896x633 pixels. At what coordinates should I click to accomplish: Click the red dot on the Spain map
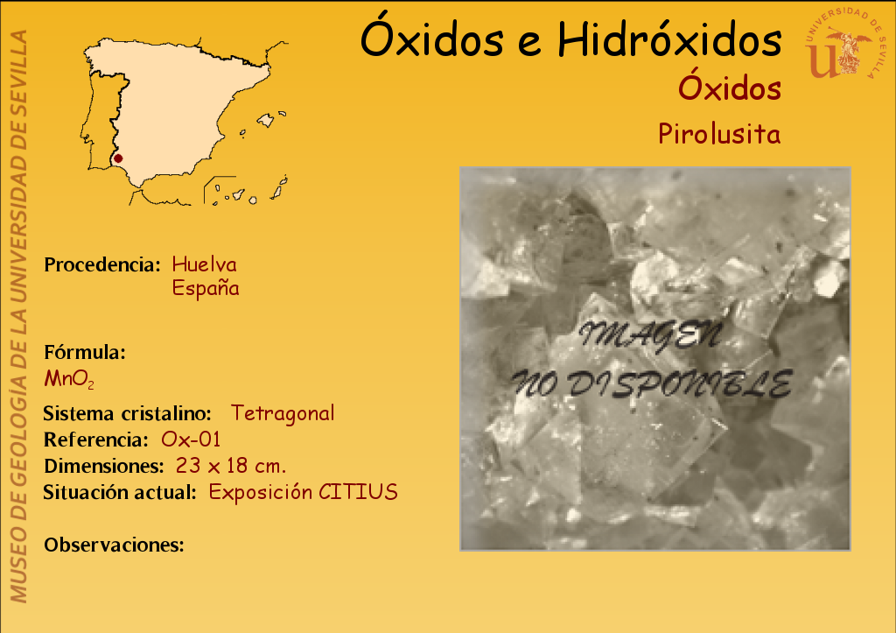118,158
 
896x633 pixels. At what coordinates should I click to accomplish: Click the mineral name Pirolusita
719,134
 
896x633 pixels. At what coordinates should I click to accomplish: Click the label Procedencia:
102,264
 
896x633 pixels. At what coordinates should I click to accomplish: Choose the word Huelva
204,264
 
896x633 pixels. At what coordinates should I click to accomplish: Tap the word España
205,288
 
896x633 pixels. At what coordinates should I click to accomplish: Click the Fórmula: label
85,352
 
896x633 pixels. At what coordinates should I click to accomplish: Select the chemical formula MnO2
69,378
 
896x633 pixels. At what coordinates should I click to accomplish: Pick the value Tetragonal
283,413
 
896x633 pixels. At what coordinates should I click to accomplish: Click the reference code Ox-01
191,440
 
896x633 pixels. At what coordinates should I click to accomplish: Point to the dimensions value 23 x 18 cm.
230,466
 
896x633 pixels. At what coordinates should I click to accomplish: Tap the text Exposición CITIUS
303,492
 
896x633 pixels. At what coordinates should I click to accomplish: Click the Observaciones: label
114,545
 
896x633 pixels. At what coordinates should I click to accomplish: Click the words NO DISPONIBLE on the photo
652,383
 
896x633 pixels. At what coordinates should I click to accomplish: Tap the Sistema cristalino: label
127,413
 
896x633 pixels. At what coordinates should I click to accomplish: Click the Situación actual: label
120,492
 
